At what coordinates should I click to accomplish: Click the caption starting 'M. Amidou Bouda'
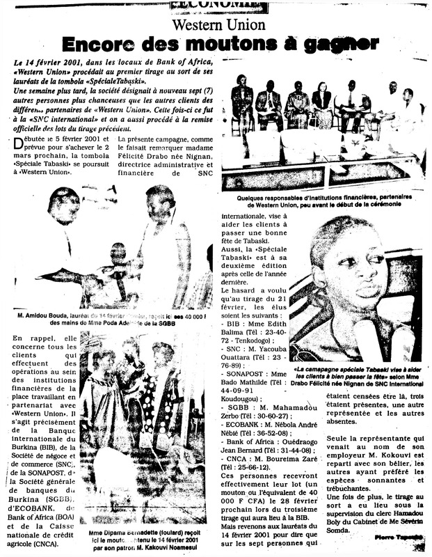tap(111, 319)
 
